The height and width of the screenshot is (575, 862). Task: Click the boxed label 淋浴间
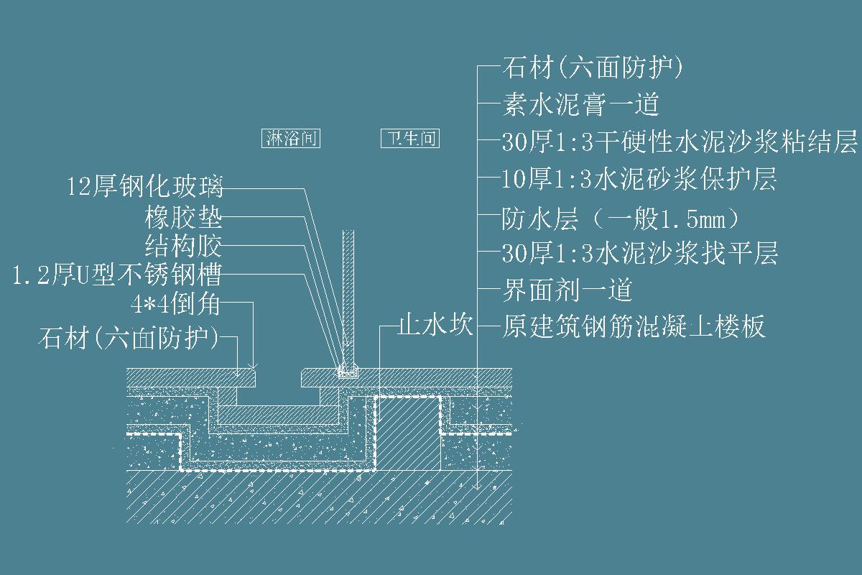pyautogui.click(x=290, y=139)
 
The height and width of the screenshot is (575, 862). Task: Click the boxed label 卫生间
pyautogui.click(x=409, y=139)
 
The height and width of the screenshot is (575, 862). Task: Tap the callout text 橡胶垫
pyautogui.click(x=183, y=216)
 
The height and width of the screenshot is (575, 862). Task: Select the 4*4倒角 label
pyautogui.click(x=175, y=305)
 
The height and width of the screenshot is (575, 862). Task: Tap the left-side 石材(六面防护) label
pyautogui.click(x=129, y=337)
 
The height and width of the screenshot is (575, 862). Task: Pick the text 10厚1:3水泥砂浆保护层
pyautogui.click(x=639, y=180)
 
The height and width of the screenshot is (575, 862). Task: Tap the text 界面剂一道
pyautogui.click(x=567, y=290)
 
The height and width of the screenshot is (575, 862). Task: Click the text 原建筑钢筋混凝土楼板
pyautogui.click(x=633, y=327)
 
